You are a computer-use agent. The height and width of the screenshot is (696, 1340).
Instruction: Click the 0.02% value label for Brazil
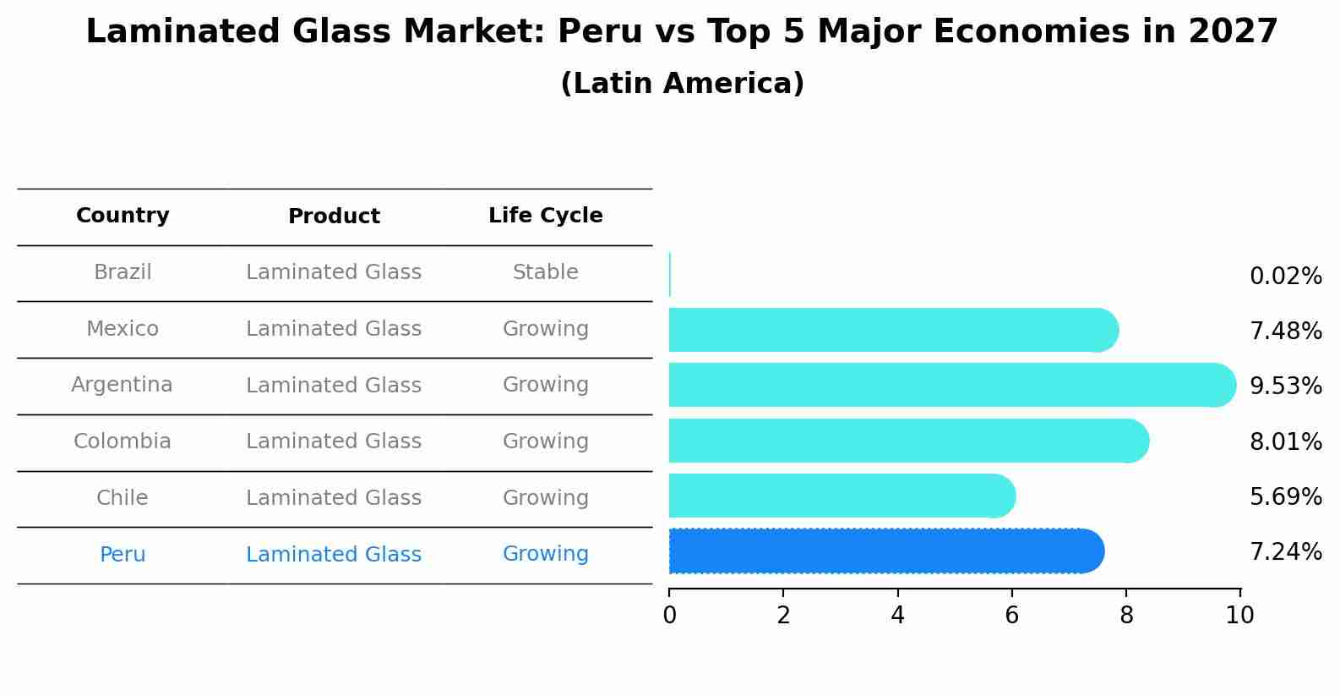pos(1285,277)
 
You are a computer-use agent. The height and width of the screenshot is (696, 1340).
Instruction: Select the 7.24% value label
pos(1285,552)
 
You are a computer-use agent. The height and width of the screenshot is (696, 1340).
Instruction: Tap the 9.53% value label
pos(1285,386)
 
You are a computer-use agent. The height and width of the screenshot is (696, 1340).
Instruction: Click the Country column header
pos(123,216)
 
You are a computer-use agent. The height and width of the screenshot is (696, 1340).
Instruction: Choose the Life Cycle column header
pos(545,216)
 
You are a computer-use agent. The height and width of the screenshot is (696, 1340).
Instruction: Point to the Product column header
pos(334,216)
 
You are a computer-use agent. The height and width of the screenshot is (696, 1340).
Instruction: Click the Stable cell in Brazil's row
pos(545,272)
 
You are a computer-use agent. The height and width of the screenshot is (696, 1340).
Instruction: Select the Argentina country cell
pos(122,385)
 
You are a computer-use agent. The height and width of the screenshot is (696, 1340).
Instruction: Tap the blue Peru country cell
pos(123,555)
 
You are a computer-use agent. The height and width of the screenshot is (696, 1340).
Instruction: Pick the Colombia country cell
pos(122,441)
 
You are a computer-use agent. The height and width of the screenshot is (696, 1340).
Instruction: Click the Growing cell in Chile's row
pos(545,498)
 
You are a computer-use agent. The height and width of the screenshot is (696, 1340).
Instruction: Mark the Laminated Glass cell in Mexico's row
pos(334,329)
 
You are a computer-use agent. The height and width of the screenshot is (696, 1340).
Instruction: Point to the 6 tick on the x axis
pos(1011,615)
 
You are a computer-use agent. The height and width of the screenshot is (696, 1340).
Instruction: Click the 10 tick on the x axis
pos(1239,615)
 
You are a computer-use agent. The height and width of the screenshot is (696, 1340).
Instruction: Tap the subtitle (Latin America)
pos(682,84)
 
